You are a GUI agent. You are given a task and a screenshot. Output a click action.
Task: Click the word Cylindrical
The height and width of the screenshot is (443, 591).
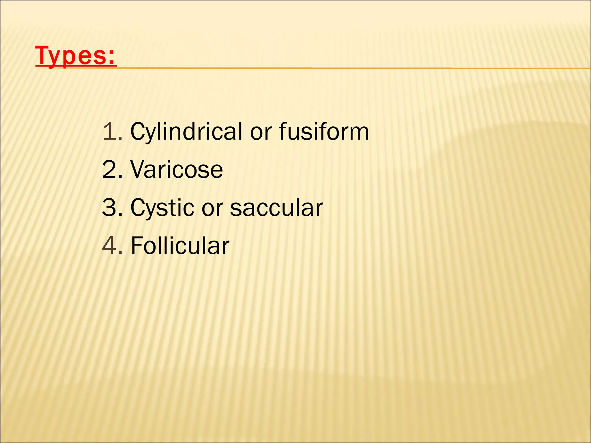click(186, 132)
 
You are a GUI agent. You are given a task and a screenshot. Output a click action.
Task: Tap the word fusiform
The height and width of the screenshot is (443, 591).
click(324, 132)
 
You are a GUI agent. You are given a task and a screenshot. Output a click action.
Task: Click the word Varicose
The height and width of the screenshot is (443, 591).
click(177, 170)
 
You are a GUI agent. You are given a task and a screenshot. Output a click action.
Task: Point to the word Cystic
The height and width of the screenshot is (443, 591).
click(162, 208)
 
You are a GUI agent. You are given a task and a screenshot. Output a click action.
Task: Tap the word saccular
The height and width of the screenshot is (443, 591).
click(276, 208)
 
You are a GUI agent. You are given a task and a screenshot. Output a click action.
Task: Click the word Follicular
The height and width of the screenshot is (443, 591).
click(180, 246)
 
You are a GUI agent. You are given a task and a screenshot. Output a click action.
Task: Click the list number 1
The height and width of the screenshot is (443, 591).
click(109, 132)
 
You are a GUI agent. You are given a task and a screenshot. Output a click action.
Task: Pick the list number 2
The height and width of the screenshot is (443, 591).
click(109, 170)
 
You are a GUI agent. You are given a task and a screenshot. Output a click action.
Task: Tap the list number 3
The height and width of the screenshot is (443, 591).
click(109, 208)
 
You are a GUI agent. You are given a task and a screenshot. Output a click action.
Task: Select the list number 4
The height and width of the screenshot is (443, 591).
click(109, 246)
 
